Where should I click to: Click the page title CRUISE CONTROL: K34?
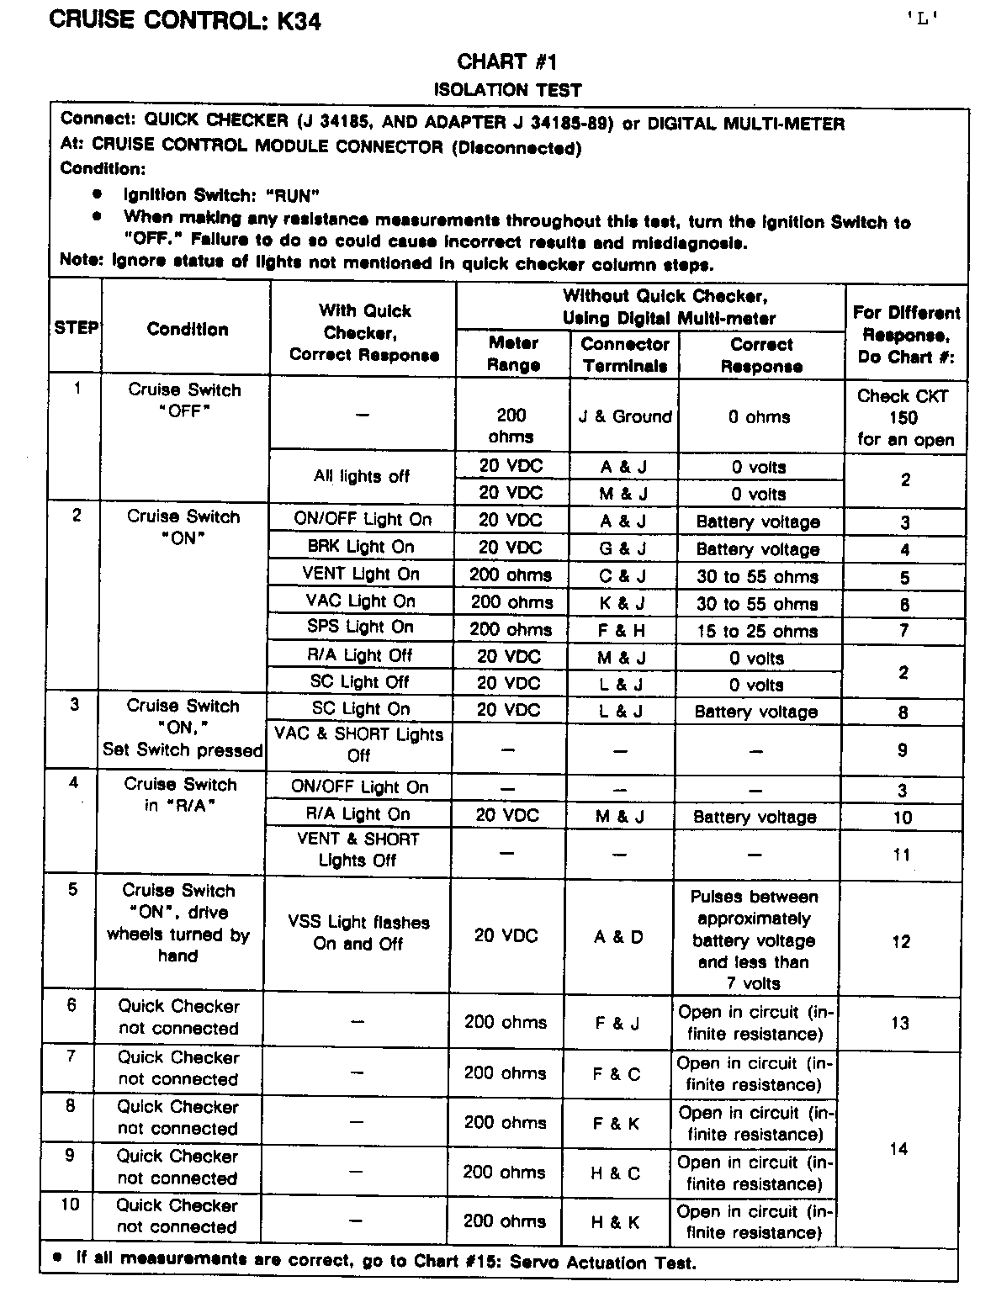point(185,20)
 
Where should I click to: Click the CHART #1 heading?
point(507,61)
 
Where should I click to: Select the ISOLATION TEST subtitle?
point(507,89)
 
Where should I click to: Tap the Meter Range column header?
point(513,354)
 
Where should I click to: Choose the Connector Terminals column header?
point(624,354)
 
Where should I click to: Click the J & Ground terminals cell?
point(624,417)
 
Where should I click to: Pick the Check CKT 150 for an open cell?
point(905,417)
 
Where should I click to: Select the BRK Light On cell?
point(361,547)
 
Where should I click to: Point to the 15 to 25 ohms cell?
point(757,631)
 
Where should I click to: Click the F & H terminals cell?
point(622,630)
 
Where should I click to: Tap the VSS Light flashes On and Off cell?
point(358,933)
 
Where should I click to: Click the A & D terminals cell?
point(618,936)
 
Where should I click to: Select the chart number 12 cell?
point(901,941)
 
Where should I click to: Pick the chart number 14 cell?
point(898,1148)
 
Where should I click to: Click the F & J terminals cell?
point(617,1023)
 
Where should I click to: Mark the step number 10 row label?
point(70,1205)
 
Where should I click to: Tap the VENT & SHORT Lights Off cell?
point(358,850)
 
